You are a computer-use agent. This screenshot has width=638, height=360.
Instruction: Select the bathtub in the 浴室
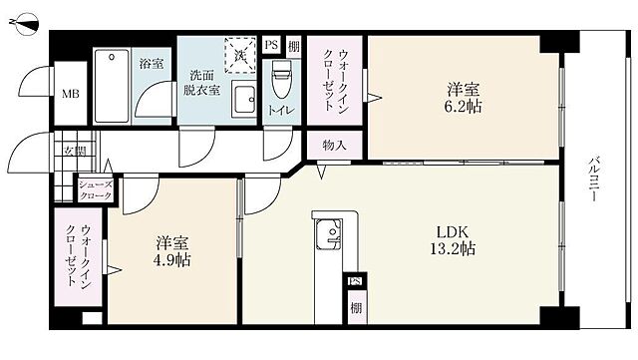tap(113, 86)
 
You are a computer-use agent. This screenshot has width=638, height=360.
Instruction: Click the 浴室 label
tap(151, 64)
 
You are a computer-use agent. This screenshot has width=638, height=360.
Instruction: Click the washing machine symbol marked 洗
tap(239, 54)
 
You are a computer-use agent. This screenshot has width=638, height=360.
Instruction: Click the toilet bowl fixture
tap(280, 76)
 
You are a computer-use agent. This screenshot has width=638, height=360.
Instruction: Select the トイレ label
tap(280, 112)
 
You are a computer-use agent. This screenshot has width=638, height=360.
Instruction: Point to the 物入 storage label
tap(334, 146)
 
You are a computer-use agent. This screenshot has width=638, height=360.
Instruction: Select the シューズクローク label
tap(97, 190)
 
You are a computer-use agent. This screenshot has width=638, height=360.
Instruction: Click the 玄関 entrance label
tap(74, 151)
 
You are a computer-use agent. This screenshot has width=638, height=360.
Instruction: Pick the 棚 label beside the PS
tap(293, 45)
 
